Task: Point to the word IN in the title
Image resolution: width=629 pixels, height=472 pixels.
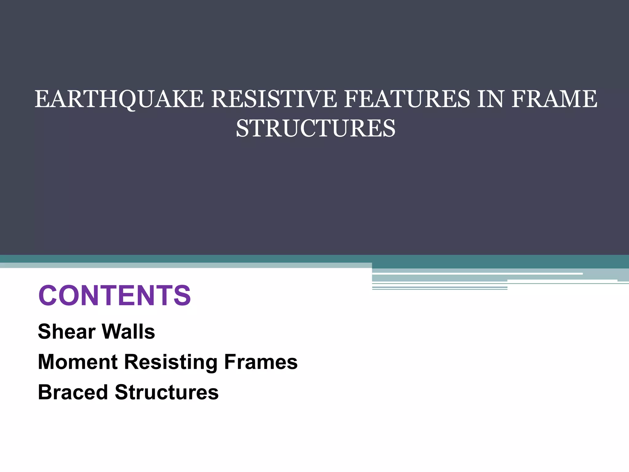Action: click(x=490, y=99)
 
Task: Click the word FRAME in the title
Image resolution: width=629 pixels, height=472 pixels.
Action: click(x=555, y=99)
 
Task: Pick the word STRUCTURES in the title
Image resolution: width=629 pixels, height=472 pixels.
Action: click(x=315, y=128)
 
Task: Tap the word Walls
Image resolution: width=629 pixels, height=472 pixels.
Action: click(x=128, y=332)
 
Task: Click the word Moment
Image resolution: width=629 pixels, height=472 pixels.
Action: click(x=78, y=362)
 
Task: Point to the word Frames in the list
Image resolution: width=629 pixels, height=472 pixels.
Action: click(x=261, y=362)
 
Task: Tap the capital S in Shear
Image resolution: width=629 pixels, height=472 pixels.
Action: click(x=45, y=332)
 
